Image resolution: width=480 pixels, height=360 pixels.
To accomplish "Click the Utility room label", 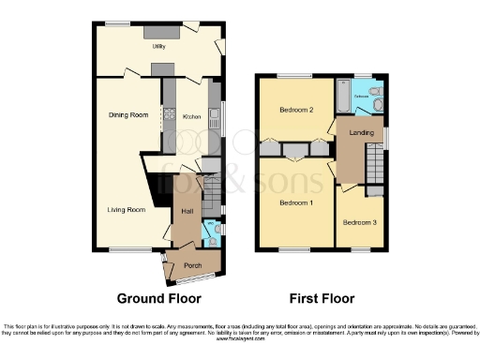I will [147, 45].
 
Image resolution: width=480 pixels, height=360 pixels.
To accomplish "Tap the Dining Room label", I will [127, 114].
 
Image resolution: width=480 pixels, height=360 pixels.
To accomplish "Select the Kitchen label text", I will [191, 117].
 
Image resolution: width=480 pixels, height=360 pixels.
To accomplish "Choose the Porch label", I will [192, 265].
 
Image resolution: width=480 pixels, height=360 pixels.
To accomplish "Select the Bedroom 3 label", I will [359, 222].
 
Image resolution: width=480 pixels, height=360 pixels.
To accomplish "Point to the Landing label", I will [361, 133].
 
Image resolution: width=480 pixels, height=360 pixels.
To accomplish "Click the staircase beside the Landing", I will [376, 169].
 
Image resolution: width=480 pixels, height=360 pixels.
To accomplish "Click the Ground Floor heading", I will [159, 299].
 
